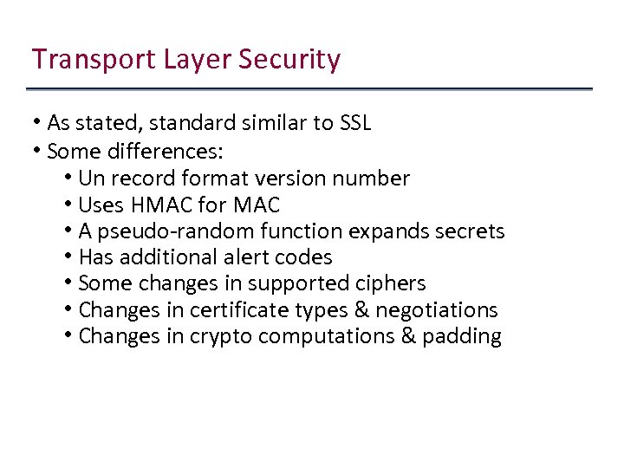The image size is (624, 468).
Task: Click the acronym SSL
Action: click(355, 123)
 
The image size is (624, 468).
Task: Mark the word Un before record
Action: click(92, 179)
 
